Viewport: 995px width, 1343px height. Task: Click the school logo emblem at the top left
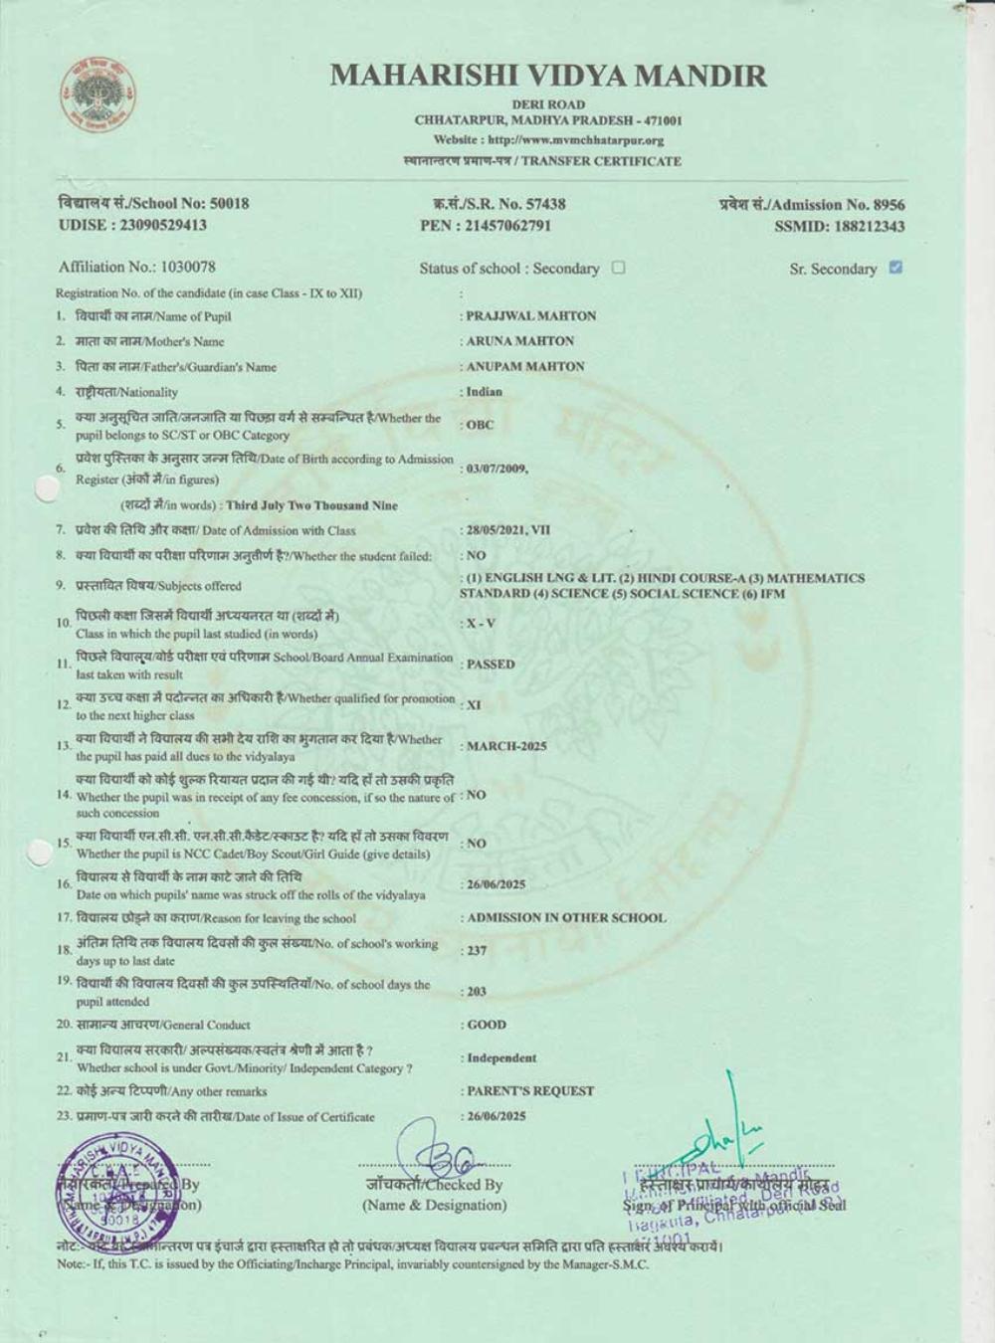(x=97, y=96)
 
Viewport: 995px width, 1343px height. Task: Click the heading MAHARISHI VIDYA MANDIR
(x=548, y=76)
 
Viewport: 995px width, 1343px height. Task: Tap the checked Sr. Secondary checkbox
(x=895, y=267)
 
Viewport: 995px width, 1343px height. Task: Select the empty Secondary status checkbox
(x=619, y=267)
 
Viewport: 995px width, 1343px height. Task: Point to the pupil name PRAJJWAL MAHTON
(x=531, y=316)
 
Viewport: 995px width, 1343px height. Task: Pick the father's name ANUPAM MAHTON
(x=525, y=366)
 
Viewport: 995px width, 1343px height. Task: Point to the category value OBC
(x=480, y=425)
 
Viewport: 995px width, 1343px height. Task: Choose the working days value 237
(x=478, y=951)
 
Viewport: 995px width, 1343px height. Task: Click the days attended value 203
(x=478, y=992)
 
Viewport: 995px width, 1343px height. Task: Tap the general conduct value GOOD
(x=487, y=1025)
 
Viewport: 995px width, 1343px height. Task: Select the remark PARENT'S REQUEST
(x=530, y=1091)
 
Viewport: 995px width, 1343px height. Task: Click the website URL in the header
(x=548, y=140)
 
